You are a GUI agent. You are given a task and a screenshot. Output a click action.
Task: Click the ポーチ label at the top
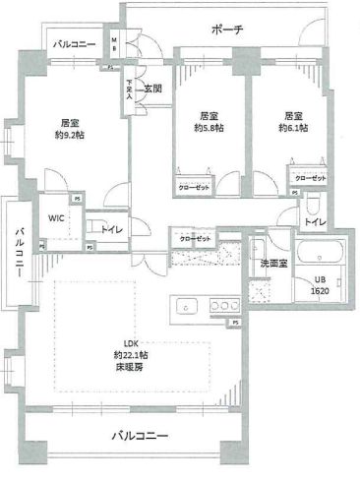[227, 30]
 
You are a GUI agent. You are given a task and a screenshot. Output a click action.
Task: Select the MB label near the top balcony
[114, 43]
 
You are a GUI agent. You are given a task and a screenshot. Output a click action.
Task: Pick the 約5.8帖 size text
[208, 128]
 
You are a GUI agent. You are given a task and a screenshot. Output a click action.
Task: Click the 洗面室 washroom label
[272, 264]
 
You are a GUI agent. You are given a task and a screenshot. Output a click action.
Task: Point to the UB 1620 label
[322, 286]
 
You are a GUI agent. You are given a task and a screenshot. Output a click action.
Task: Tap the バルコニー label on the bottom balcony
[139, 435]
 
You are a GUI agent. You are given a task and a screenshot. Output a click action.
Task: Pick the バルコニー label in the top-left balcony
[75, 44]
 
